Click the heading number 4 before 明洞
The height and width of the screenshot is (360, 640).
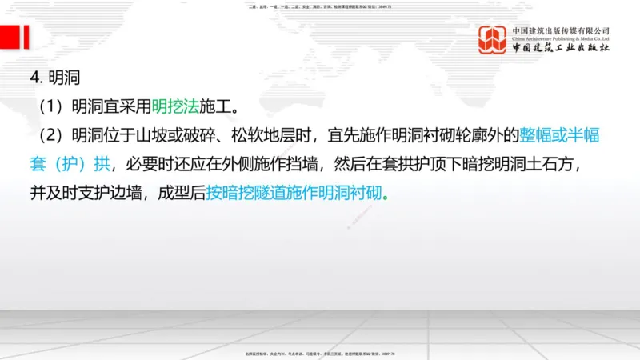coord(34,79)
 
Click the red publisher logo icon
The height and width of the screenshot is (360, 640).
coord(494,40)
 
